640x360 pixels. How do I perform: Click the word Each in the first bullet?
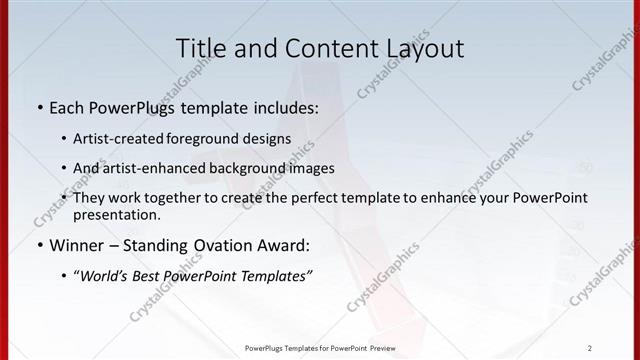click(x=69, y=107)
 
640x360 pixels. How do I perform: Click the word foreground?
click(x=203, y=139)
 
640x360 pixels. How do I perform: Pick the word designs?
click(x=266, y=139)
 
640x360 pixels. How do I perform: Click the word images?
click(x=307, y=169)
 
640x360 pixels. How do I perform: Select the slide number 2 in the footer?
click(x=590, y=348)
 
